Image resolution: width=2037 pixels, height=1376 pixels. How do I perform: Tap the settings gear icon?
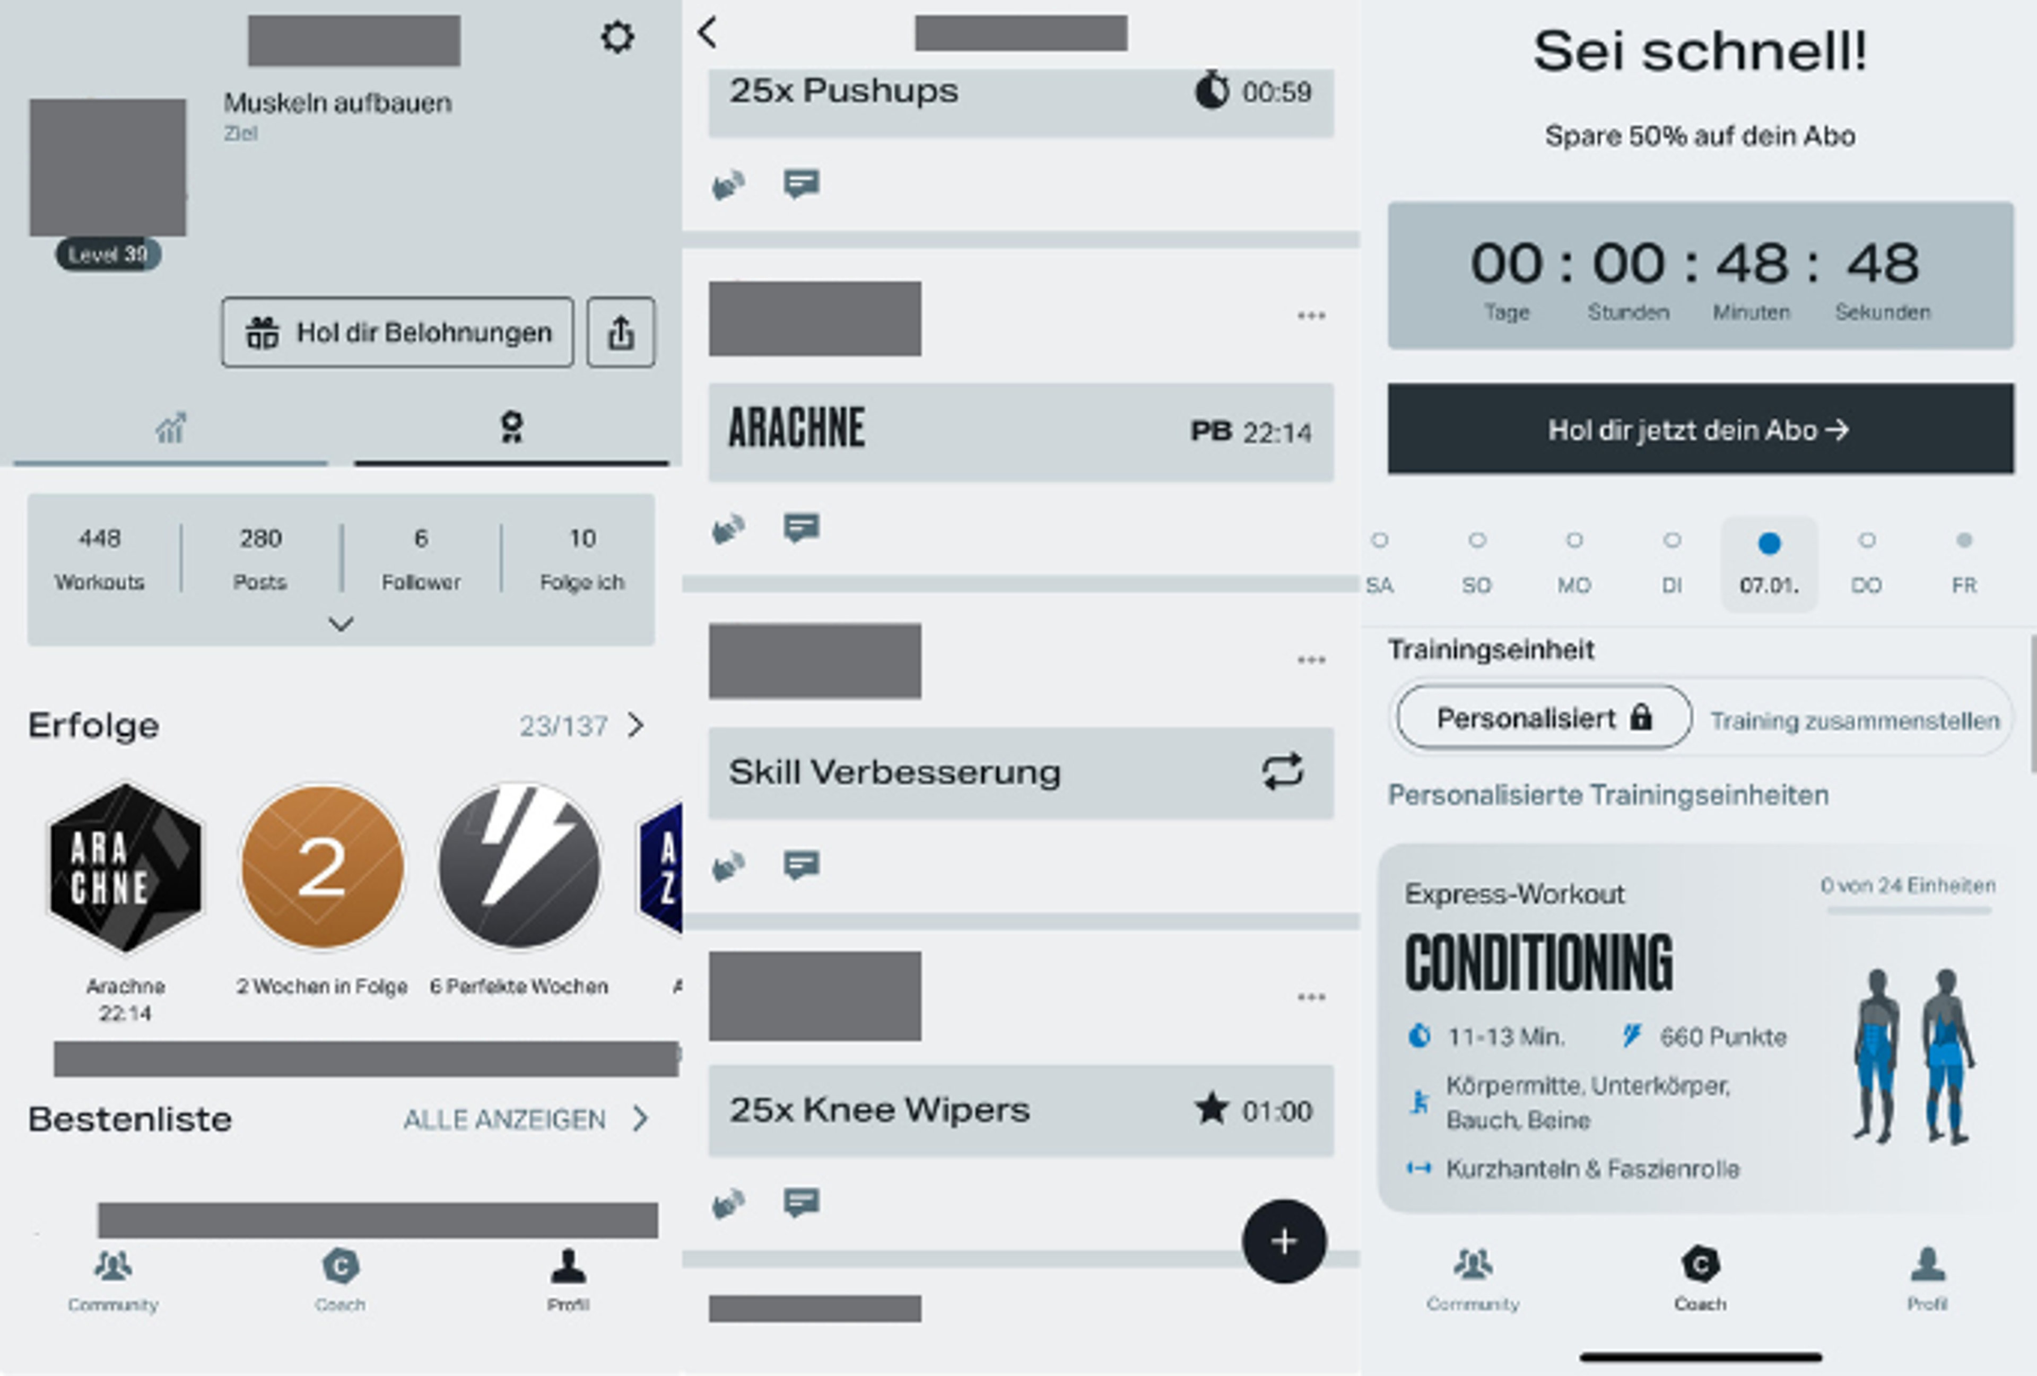pyautogui.click(x=617, y=37)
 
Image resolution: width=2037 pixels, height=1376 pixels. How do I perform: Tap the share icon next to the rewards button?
pyautogui.click(x=621, y=332)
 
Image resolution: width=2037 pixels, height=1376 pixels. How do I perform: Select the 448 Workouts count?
pyautogui.click(x=100, y=558)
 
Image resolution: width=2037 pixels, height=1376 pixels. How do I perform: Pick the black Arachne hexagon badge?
pyautogui.click(x=125, y=867)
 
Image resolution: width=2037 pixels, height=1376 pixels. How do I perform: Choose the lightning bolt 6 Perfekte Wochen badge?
pyautogui.click(x=519, y=867)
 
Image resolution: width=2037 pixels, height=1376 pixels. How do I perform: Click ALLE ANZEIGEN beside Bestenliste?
pyautogui.click(x=505, y=1119)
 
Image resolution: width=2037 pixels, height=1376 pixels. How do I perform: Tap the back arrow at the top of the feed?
pyautogui.click(x=707, y=33)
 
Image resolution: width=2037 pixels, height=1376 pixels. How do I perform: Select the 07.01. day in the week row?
pyautogui.click(x=1769, y=563)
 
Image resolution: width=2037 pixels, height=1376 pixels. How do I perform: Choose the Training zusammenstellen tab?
pyautogui.click(x=1855, y=720)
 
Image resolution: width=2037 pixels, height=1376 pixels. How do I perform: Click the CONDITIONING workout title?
pyautogui.click(x=1538, y=962)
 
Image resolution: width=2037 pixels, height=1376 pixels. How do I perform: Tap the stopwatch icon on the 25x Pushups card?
pyautogui.click(x=1212, y=90)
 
